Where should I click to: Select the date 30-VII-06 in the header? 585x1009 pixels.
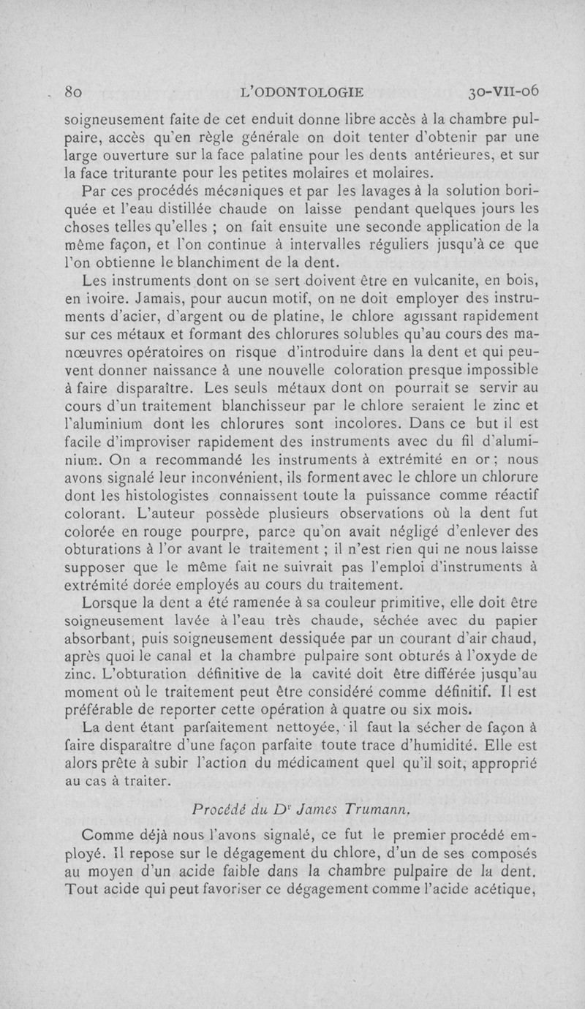tap(504, 92)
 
